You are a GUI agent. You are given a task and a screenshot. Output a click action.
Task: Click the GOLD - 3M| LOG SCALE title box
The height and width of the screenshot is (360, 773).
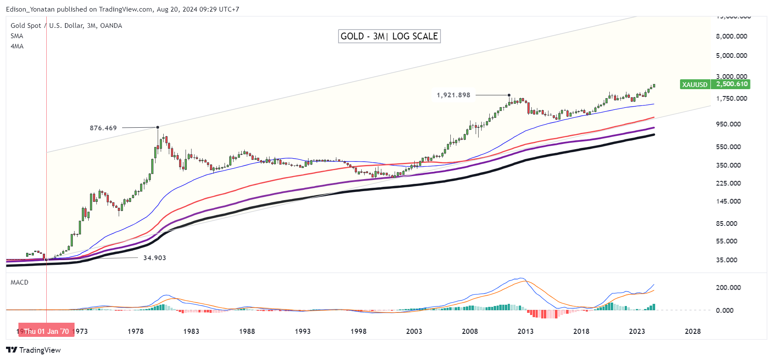click(389, 36)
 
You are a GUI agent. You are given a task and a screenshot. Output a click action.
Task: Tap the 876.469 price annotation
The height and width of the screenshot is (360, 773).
click(103, 128)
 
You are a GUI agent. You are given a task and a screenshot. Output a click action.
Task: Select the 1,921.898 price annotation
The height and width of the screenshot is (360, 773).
click(453, 95)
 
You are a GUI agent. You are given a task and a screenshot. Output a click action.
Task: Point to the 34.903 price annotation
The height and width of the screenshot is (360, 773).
click(154, 258)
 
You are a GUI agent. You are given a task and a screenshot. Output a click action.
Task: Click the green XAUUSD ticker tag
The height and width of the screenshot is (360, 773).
click(695, 84)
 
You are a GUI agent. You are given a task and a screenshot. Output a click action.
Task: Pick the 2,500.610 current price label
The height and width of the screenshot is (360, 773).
click(731, 84)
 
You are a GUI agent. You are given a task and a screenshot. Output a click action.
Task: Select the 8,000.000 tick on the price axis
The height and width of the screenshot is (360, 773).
click(731, 36)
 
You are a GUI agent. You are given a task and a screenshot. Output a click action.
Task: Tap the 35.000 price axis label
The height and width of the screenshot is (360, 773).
click(727, 260)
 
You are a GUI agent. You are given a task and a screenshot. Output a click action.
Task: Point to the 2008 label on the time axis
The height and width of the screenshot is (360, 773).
click(470, 331)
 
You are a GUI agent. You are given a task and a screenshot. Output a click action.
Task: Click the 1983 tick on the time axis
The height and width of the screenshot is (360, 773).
click(191, 331)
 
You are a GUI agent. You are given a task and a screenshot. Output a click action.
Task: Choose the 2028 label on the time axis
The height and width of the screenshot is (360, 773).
click(692, 331)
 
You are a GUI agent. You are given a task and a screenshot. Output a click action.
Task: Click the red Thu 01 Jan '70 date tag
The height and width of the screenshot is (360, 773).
click(46, 331)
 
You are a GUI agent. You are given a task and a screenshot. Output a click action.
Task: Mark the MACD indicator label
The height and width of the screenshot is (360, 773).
click(19, 282)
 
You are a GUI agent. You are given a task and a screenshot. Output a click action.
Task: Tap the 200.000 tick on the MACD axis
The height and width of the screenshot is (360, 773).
click(728, 288)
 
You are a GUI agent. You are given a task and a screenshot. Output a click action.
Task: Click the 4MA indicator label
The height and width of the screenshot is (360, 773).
click(17, 46)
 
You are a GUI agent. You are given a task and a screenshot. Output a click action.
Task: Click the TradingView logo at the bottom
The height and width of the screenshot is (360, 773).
click(33, 350)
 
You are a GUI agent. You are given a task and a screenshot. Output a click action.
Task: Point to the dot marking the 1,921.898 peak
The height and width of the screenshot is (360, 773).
click(509, 95)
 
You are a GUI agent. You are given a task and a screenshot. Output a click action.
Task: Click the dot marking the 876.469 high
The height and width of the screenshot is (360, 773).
click(158, 127)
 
